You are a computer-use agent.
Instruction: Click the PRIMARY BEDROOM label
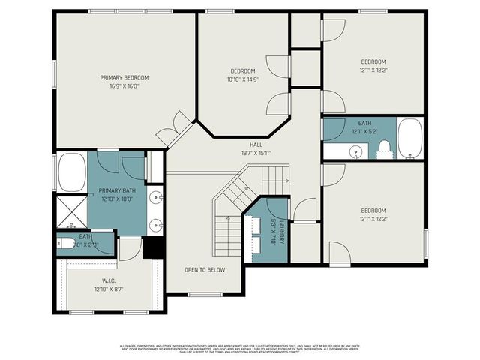[124, 77]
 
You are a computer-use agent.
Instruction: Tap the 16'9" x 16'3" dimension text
[124, 85]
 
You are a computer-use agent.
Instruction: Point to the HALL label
[256, 144]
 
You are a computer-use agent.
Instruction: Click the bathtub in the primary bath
[71, 172]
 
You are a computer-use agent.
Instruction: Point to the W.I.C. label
[108, 281]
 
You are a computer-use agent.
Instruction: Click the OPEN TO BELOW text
[205, 269]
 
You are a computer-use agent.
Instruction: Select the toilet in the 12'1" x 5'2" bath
[385, 147]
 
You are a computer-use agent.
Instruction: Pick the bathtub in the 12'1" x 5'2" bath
[409, 138]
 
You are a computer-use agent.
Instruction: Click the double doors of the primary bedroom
[174, 130]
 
